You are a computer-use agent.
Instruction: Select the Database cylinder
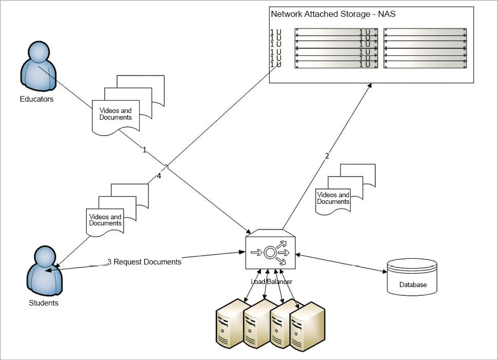tap(412, 277)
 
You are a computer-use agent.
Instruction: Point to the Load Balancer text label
tap(271, 281)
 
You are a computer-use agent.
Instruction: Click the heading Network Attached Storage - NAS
tap(333, 14)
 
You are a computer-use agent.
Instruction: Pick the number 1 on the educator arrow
tap(145, 150)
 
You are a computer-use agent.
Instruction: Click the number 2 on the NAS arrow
tap(327, 156)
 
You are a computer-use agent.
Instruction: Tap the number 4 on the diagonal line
tap(159, 176)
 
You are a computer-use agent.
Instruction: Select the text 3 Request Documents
tap(144, 262)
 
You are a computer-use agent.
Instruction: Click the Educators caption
tap(36, 99)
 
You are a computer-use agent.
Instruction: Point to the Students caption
tap(44, 303)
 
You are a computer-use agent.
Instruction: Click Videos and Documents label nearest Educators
tap(116, 114)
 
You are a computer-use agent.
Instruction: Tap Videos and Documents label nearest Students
tap(105, 220)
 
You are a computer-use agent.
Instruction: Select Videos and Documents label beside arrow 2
tap(333, 198)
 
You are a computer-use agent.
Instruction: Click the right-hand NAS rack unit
tap(425, 48)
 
